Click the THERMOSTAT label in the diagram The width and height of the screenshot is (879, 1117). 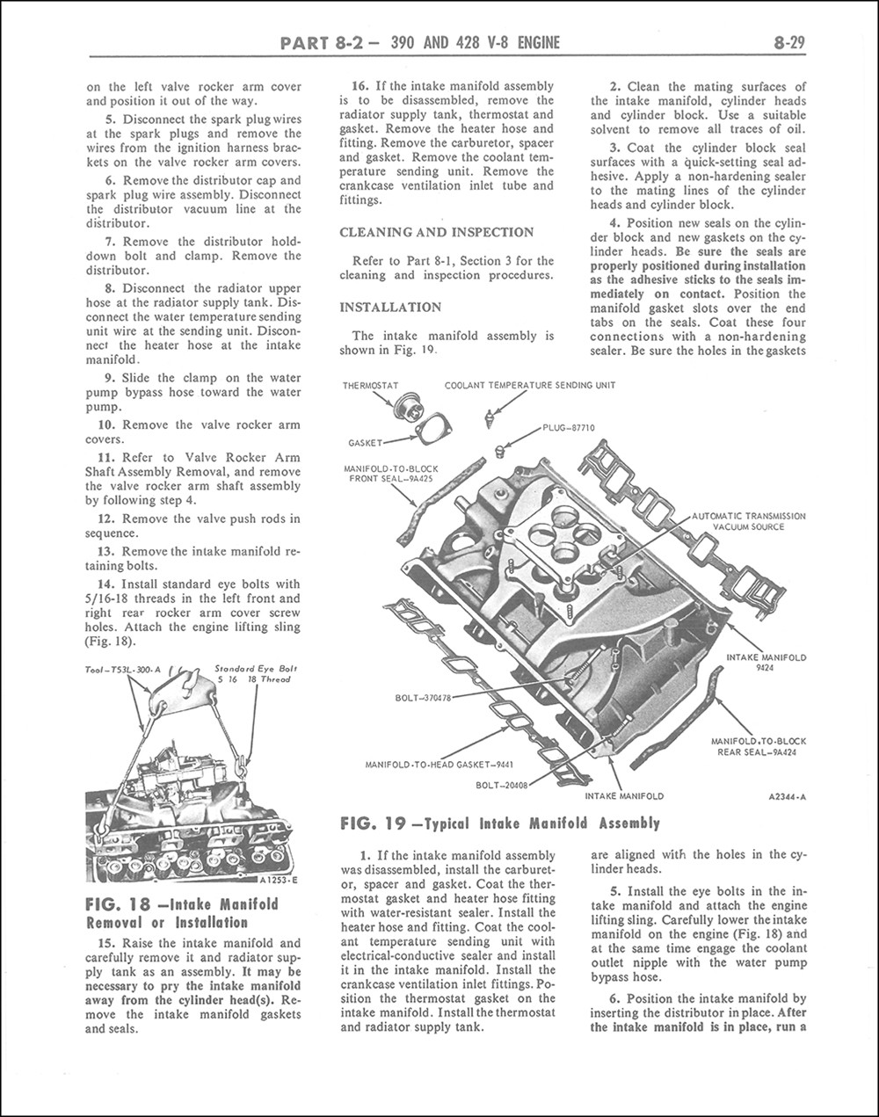point(371,385)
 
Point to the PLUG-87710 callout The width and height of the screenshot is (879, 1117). point(569,428)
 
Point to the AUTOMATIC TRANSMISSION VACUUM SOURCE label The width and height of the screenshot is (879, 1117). point(749,521)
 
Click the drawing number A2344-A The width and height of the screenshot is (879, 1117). point(787,797)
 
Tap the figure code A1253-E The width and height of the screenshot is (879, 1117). point(280,880)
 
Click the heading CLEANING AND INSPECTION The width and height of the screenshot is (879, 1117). point(436,232)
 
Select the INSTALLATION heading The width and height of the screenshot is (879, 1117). point(390,308)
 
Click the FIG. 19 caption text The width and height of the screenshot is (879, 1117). point(499,823)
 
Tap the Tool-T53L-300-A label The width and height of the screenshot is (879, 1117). point(124,671)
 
